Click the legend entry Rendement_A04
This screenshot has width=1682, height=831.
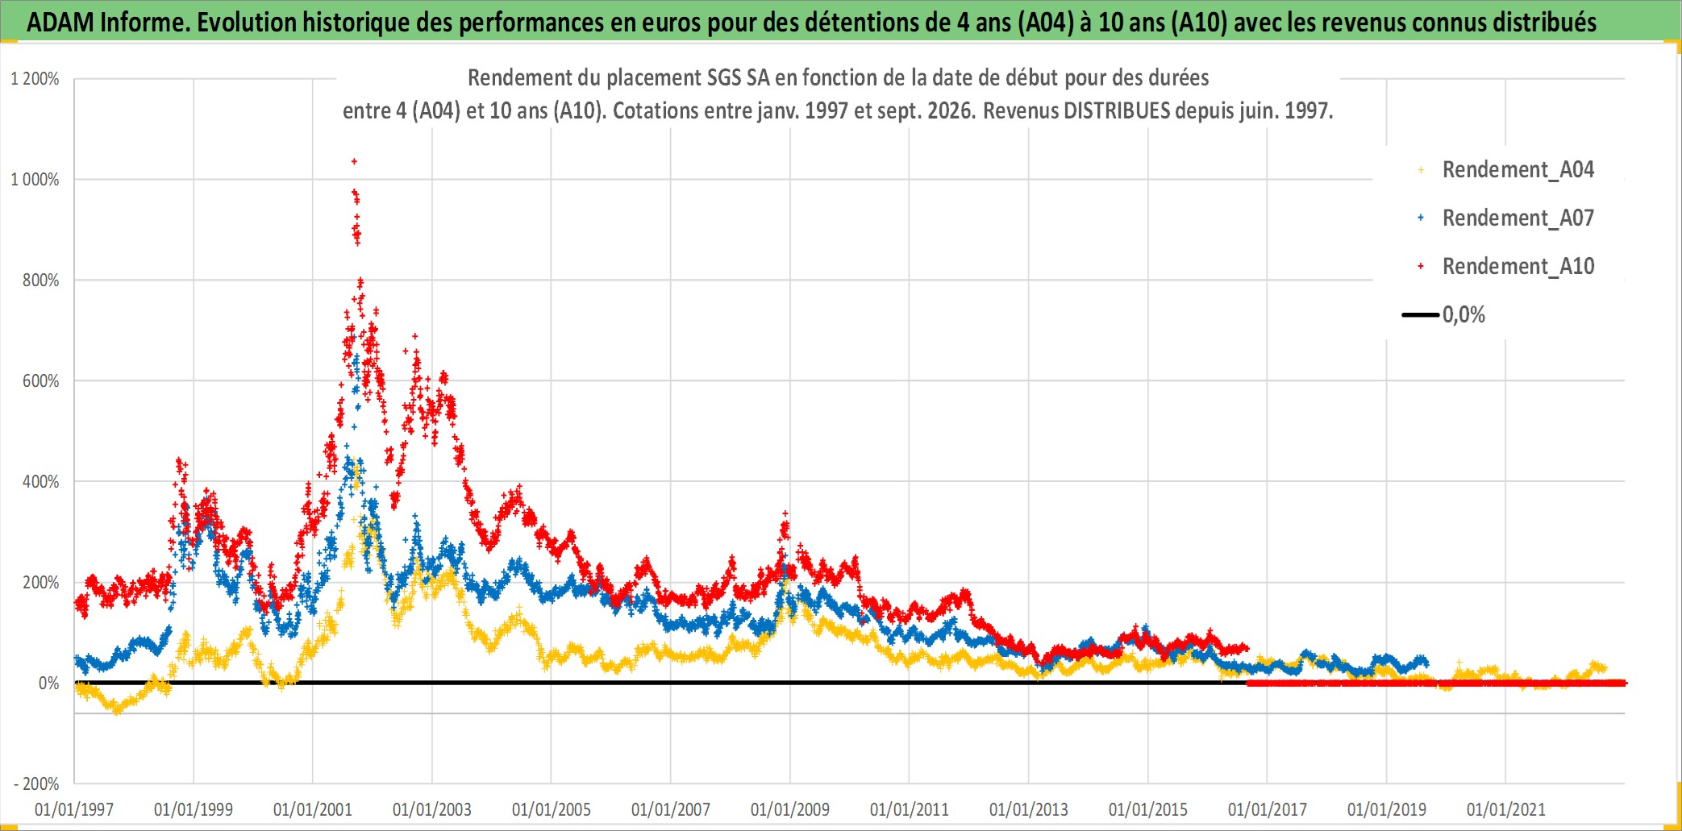[1505, 169]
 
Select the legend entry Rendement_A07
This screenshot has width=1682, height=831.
[1505, 218]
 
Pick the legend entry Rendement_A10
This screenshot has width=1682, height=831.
[1505, 266]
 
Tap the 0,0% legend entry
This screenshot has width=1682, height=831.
[1443, 314]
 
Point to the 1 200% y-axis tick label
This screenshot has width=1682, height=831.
[35, 79]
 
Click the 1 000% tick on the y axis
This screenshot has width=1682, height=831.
[35, 180]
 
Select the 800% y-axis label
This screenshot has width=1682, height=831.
[40, 280]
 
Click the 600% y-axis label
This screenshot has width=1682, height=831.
[40, 381]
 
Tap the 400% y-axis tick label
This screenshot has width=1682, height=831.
[40, 482]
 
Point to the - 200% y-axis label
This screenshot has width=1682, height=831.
[36, 783]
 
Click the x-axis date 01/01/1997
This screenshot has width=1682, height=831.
[74, 809]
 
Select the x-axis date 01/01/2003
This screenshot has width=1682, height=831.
[432, 809]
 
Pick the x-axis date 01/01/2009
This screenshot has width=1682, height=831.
[790, 809]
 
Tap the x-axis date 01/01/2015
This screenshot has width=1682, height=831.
[1148, 809]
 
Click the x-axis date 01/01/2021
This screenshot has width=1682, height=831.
[1506, 809]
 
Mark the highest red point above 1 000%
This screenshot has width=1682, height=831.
[354, 161]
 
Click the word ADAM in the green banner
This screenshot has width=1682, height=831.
[60, 23]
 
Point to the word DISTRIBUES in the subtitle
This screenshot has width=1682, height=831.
[1117, 110]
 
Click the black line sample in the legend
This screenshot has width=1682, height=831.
[1421, 314]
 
